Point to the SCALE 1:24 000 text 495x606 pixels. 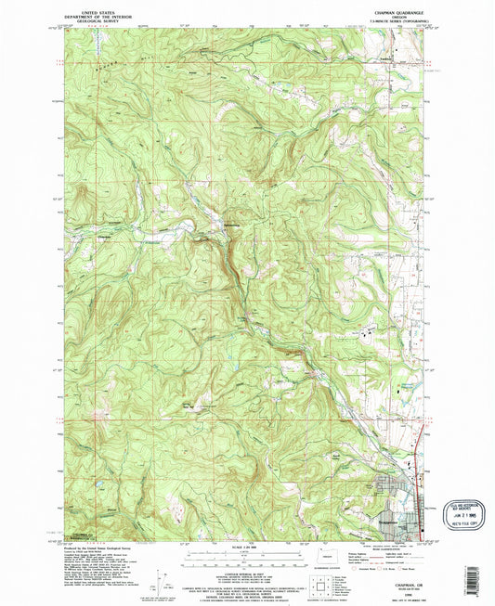coord(245,548)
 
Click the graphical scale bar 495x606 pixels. coord(245,558)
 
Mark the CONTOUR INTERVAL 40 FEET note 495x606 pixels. coord(245,570)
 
